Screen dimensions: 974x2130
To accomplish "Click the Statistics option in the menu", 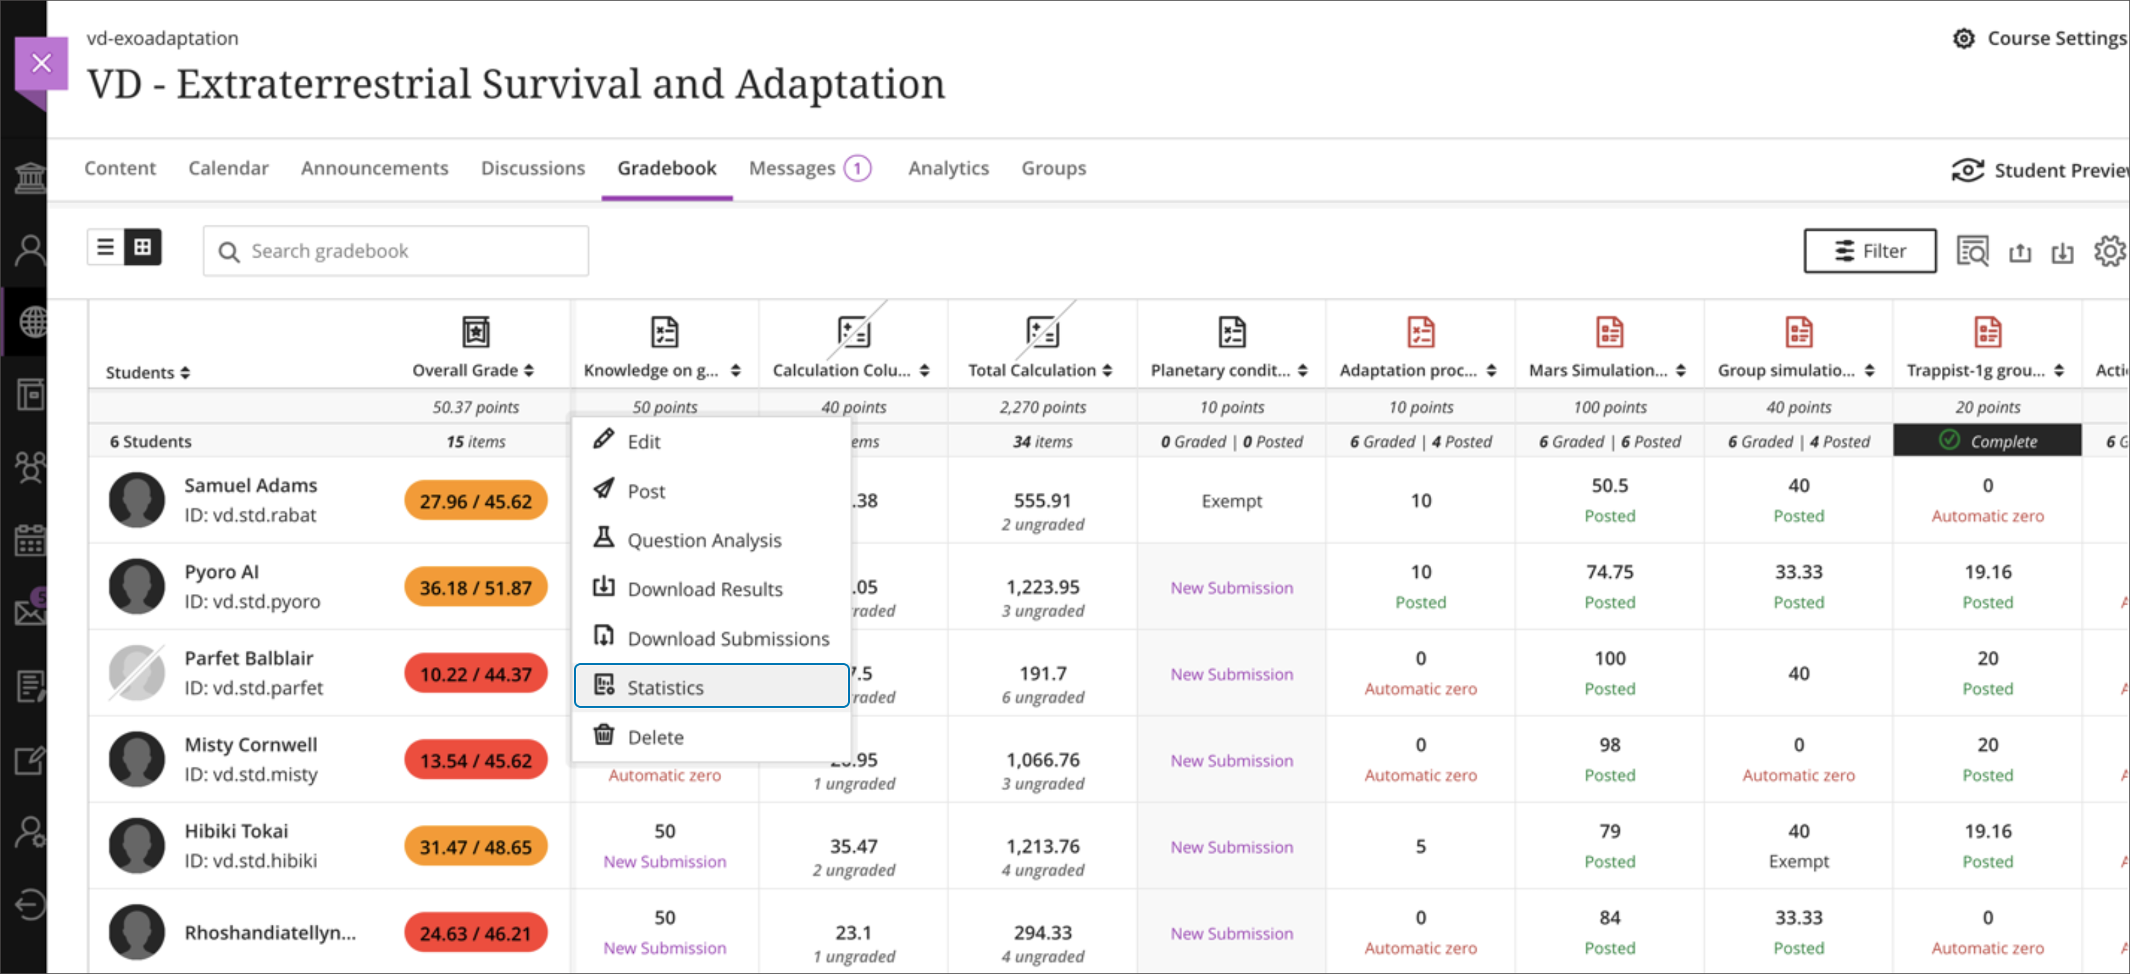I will click(x=711, y=686).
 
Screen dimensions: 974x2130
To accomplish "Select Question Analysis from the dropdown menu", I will click(x=703, y=540).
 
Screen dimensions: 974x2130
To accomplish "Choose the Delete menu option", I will click(x=655, y=737).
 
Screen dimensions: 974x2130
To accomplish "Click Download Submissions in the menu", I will click(x=728, y=638).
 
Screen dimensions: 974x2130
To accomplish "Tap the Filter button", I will click(x=1869, y=250).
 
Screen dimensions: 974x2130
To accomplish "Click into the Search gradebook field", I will click(x=397, y=250).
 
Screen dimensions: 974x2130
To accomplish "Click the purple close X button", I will click(x=41, y=63).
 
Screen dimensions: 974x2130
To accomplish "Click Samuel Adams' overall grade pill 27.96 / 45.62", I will click(x=475, y=501).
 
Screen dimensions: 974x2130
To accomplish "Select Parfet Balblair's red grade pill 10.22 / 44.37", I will click(x=475, y=674).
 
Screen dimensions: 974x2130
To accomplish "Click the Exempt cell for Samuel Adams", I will click(x=1231, y=501).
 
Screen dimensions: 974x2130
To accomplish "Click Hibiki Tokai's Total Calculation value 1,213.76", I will click(x=1042, y=846).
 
